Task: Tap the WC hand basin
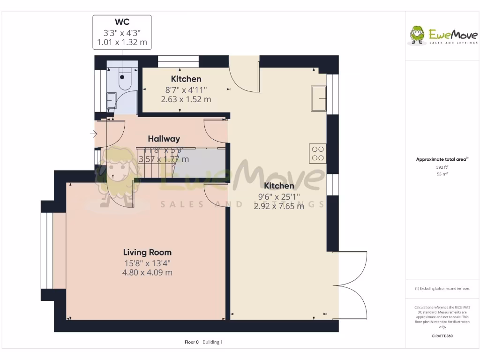tap(112, 100)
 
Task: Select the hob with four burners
tap(317, 154)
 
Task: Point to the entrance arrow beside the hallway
tap(93, 134)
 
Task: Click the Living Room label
tap(147, 252)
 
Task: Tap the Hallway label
tap(164, 139)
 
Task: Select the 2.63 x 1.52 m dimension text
tap(186, 99)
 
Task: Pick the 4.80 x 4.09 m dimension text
tap(147, 272)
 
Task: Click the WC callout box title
tap(122, 22)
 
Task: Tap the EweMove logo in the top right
tap(443, 36)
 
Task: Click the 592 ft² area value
tap(442, 167)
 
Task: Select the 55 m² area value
tap(442, 174)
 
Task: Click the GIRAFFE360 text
tap(442, 336)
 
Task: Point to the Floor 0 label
tap(192, 342)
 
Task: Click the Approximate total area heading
tap(442, 159)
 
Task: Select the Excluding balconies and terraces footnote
tap(442, 289)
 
